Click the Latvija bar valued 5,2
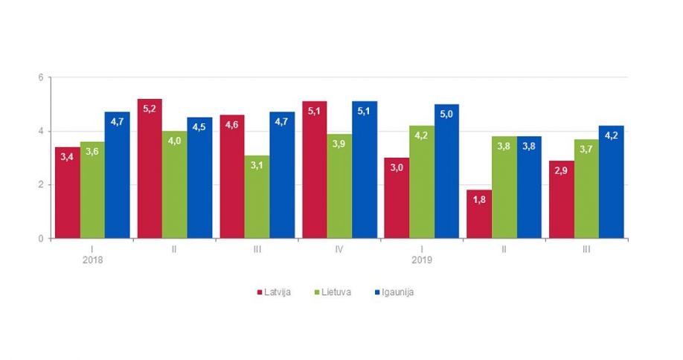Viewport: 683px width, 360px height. click(150, 169)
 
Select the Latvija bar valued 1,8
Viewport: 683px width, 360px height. click(479, 214)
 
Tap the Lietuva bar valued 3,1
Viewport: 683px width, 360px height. click(257, 197)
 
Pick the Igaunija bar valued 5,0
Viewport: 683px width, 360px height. click(446, 171)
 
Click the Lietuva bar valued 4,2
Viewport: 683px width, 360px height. click(421, 182)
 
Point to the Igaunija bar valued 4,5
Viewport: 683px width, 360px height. click(199, 178)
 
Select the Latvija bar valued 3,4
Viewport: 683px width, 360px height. click(67, 193)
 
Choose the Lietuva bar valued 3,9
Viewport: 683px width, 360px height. click(339, 186)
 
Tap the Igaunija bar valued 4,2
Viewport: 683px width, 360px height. click(611, 182)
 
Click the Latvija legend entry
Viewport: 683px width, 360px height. click(273, 292)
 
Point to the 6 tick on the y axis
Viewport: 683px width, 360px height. click(42, 77)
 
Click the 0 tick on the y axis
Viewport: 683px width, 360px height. click(42, 239)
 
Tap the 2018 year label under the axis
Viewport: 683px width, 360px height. click(92, 260)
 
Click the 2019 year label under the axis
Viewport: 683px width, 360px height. click(422, 260)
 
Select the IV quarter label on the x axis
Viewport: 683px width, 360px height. click(339, 249)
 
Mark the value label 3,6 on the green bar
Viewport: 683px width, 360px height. click(92, 152)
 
